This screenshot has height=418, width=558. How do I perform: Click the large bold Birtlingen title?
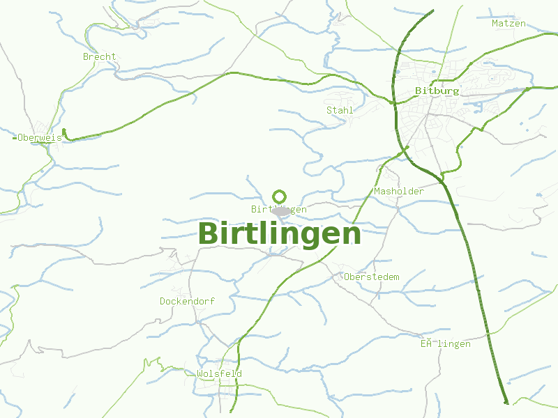pos(280,234)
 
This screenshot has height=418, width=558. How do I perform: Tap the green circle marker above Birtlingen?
pos(280,196)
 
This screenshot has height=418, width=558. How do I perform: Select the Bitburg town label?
pos(437,91)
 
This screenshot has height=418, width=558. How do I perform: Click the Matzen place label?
pos(508,24)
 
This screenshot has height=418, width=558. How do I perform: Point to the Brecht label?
pos(99,56)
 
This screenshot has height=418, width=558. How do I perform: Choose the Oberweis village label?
pos(40,138)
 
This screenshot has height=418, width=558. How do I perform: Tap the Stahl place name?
pos(340,110)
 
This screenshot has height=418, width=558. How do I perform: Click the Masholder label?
pos(399,191)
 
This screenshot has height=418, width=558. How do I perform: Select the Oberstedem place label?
pos(372,277)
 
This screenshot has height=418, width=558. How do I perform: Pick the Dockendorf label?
pos(187,302)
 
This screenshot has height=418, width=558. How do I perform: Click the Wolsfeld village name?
pos(219,374)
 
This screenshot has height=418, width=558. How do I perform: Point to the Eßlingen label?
pos(445,344)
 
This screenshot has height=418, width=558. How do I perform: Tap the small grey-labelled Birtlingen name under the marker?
pos(278,209)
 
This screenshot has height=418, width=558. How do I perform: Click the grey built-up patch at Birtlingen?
pos(282,211)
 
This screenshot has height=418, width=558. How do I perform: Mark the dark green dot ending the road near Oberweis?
pos(63,131)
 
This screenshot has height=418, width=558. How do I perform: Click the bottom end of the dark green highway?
pos(506,401)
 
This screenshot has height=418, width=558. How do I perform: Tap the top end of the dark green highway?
pos(433,10)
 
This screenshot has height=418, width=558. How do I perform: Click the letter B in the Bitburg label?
pos(418,91)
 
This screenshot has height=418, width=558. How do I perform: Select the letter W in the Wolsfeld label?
pos(199,374)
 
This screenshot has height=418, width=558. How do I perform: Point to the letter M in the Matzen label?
pos(495,24)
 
